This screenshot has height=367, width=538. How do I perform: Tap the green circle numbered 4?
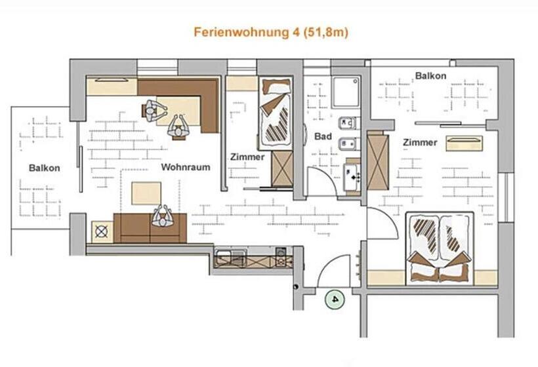(335, 299)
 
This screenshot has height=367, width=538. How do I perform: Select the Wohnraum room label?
(186, 167)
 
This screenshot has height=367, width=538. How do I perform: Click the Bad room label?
(323, 137)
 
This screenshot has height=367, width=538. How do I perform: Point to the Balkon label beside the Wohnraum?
(45, 168)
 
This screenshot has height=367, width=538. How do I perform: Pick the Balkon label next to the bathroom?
(430, 76)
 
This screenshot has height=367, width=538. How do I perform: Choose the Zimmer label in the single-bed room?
(247, 157)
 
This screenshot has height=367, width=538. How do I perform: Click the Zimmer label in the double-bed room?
(420, 142)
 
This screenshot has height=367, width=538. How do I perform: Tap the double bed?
(439, 248)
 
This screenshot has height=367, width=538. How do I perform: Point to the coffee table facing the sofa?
(146, 193)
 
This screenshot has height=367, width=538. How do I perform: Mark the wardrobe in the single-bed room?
(282, 168)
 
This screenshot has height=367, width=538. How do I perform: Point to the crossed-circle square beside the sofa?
(101, 231)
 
